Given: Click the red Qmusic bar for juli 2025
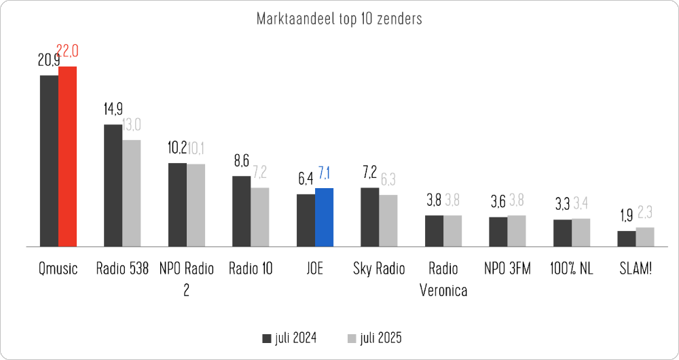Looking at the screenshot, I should pos(67,156).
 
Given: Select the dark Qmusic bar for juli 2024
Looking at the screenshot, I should pos(49,160).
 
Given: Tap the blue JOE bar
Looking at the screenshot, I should pos(324,217).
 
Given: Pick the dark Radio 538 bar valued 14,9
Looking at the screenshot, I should pos(113,185).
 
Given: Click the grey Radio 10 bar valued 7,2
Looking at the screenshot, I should pos(259,217).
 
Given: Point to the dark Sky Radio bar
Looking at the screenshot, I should pos(369,217).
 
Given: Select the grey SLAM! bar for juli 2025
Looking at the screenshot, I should pos(645,236).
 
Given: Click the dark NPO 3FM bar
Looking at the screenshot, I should pos(498,232).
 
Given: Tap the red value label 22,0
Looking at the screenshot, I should pos(68,52).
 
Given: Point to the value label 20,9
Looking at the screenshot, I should pos(48,61).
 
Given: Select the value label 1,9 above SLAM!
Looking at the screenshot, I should pos(626,217).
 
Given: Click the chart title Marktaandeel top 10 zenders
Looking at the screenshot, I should pos(339,18).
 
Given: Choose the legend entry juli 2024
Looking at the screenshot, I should pos(289,338).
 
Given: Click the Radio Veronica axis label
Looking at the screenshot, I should pos(443,279).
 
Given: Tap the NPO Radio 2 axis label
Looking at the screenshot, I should pos(186,279).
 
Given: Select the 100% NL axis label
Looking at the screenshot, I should pos(571,269).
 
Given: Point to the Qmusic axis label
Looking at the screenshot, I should pos(58,269).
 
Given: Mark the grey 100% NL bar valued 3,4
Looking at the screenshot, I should pos(581,232).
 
